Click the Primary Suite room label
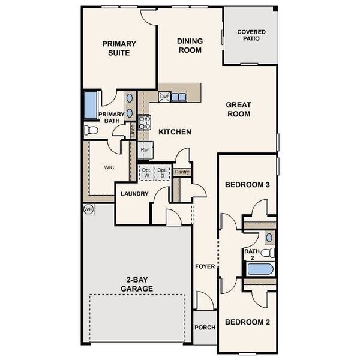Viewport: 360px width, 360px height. (x=119, y=48)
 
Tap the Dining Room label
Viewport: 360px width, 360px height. (x=190, y=46)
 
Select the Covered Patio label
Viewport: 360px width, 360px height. (x=251, y=35)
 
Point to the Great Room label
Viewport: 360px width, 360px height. (x=239, y=109)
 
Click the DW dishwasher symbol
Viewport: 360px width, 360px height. (x=164, y=97)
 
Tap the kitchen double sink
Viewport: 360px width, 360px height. (x=179, y=97)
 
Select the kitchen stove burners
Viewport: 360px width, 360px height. (x=145, y=122)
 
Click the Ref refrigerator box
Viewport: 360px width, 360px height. (x=145, y=149)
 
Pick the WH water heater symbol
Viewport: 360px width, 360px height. (x=88, y=209)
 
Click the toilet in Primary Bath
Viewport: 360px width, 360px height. (x=91, y=130)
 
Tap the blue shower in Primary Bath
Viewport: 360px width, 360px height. (x=91, y=105)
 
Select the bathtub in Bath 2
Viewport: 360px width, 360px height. (x=260, y=269)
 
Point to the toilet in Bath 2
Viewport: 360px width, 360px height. (x=268, y=253)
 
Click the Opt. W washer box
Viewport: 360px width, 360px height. (x=146, y=173)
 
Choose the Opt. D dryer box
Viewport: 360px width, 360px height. (x=162, y=173)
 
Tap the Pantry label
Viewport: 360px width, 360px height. (x=182, y=172)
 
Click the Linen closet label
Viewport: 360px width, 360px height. (x=133, y=131)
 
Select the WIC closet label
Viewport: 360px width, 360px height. (x=109, y=167)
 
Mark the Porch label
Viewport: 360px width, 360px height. (x=205, y=328)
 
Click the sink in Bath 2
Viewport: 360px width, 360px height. (x=269, y=238)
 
